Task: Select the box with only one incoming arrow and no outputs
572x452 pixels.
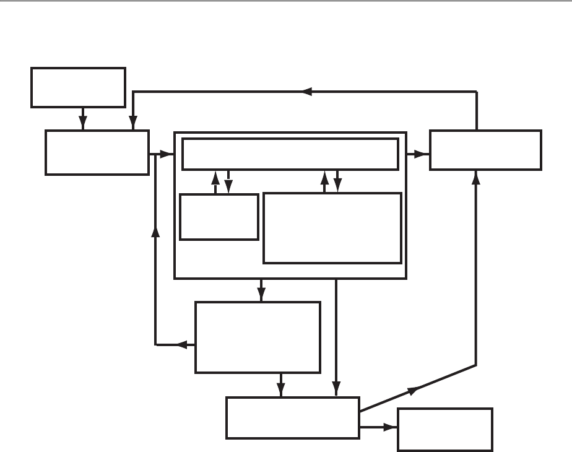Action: [445, 429]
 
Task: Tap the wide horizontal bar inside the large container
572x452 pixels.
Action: [290, 154]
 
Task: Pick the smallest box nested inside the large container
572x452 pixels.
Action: [219, 217]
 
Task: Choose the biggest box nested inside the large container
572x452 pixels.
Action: [332, 228]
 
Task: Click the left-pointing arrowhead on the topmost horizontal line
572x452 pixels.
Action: [306, 92]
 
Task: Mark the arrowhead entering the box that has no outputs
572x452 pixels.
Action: [390, 427]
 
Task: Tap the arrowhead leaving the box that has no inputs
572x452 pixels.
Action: [84, 124]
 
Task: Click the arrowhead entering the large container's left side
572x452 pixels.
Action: [166, 154]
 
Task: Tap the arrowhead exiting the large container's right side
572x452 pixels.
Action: [423, 154]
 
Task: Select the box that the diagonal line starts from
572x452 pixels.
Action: [293, 417]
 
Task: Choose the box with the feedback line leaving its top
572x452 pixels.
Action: [485, 149]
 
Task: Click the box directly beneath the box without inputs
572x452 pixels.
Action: [97, 152]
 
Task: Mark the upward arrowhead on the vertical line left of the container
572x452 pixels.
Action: [155, 230]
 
